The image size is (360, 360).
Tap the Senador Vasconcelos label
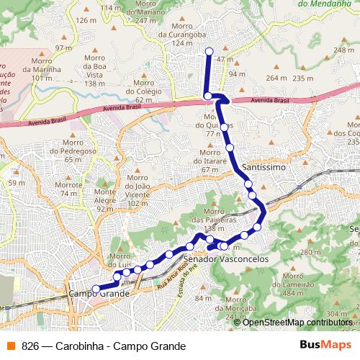pyautogui.click(x=226, y=257)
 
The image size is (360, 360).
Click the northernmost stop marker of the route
pyautogui.click(x=210, y=51)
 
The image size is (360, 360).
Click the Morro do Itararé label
pyautogui.click(x=210, y=157)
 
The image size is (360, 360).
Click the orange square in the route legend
pyautogui.click(x=10, y=346)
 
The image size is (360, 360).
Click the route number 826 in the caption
pyautogui.click(x=30, y=346)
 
